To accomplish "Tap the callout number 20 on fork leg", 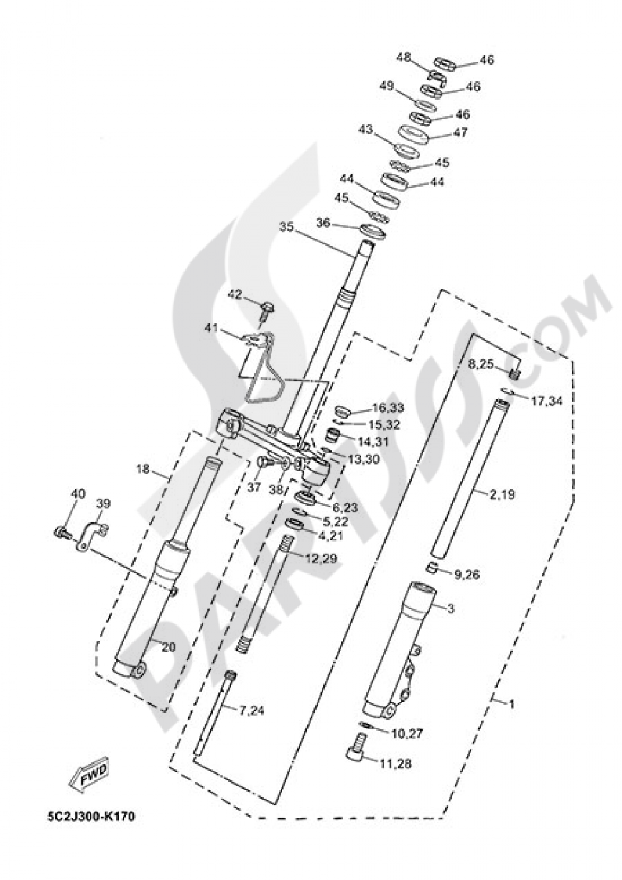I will tap(168, 647).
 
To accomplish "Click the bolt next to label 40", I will tap(60, 532).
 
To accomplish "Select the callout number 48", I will tap(404, 58).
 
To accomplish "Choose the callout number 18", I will tap(143, 469).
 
